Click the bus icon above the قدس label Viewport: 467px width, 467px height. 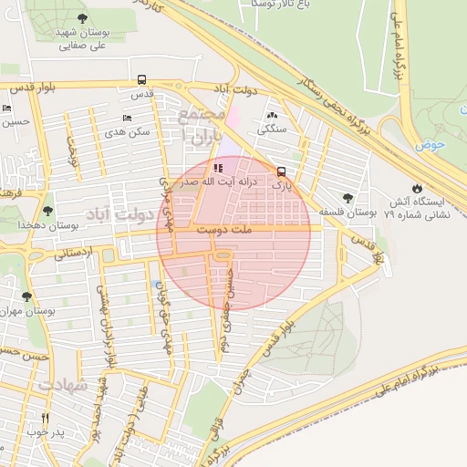point(140,80)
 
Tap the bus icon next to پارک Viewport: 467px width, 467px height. point(281,171)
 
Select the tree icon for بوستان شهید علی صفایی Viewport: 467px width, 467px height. point(83,18)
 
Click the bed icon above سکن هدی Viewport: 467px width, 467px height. point(127,118)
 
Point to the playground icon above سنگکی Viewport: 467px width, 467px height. point(272,115)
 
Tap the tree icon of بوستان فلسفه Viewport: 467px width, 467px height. point(348,197)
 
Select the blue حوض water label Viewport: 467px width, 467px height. point(428,145)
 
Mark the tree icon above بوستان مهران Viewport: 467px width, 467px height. point(26,296)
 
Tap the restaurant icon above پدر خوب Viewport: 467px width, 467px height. point(44,418)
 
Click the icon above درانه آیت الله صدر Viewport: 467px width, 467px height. point(217,168)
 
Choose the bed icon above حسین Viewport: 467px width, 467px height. point(7,109)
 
